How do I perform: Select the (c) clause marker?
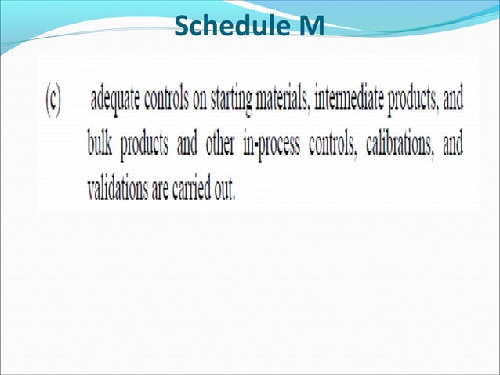(52, 103)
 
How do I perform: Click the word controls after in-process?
(340, 146)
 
